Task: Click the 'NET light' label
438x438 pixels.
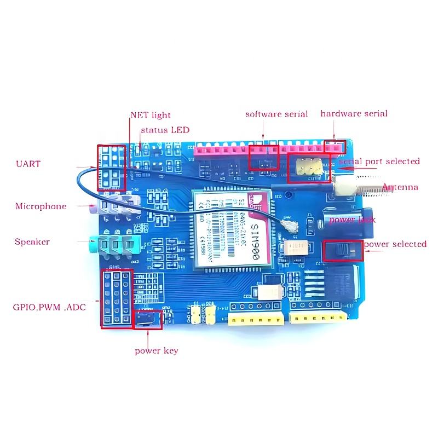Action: click(150, 115)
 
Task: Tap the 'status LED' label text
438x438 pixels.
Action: click(165, 130)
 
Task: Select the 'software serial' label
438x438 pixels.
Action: click(276, 114)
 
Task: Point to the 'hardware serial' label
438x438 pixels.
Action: click(354, 113)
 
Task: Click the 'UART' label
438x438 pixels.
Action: click(28, 164)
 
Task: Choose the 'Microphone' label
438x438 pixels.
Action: click(41, 206)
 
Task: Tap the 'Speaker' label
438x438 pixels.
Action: click(32, 241)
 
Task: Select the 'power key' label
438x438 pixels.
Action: click(156, 350)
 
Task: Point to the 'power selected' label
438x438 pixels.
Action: click(395, 244)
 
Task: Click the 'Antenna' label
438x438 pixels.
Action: click(400, 187)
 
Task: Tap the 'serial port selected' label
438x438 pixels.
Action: click(379, 161)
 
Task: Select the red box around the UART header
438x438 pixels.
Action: click(111, 168)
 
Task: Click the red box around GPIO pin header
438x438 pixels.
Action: click(116, 298)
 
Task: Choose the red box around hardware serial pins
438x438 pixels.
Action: click(335, 146)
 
